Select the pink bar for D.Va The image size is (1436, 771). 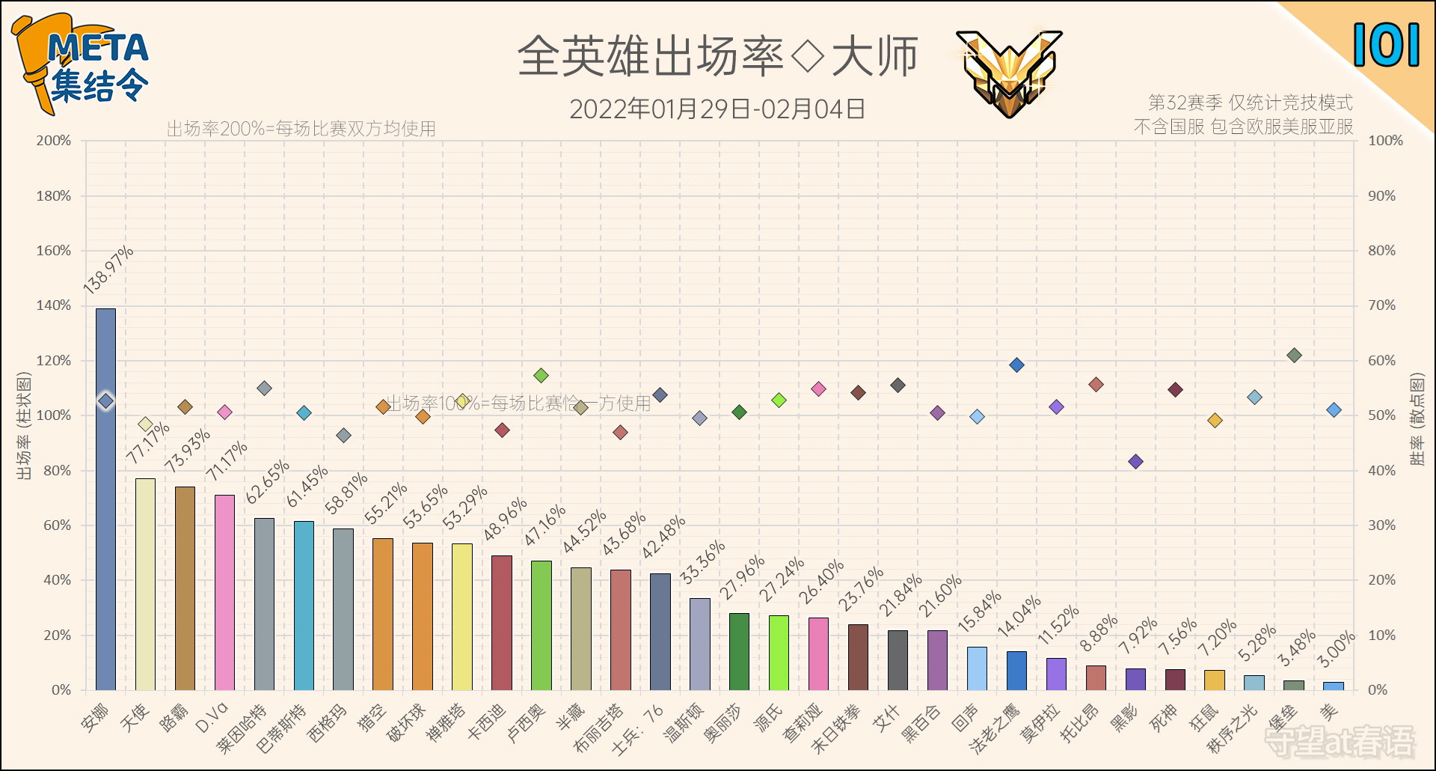224,592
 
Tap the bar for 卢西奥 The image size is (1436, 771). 541,625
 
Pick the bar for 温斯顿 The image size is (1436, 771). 700,644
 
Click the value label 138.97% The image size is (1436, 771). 108,269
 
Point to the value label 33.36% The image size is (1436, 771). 702,561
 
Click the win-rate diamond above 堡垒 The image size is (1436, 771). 1294,356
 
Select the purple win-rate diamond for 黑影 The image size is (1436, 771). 1135,462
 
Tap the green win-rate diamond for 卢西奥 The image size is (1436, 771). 541,375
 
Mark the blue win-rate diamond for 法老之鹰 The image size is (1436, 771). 1016,365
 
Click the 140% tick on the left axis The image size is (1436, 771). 54,305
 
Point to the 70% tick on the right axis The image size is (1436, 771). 1381,305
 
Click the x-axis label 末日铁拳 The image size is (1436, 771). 836,728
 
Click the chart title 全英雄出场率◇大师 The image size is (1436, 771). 717,57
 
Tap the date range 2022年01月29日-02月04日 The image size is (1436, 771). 717,109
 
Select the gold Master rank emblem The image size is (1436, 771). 1009,72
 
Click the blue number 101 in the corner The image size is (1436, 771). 1386,45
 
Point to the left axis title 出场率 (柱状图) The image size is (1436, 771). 24,426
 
